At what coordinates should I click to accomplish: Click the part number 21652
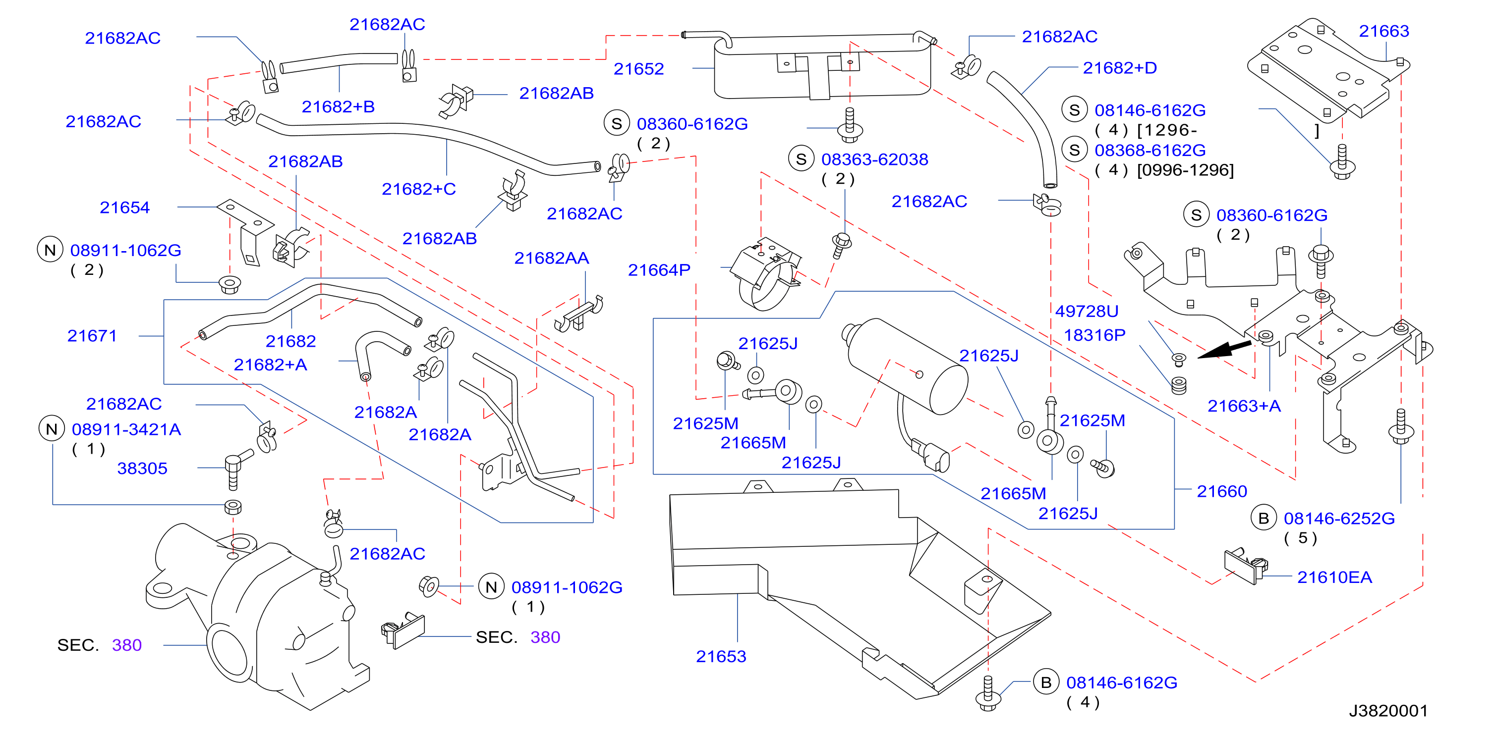[x=638, y=69]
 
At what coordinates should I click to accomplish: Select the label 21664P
[x=659, y=270]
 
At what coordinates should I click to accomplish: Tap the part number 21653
[x=721, y=657]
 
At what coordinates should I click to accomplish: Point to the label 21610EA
[x=1334, y=577]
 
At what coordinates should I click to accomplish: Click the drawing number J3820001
[x=1388, y=711]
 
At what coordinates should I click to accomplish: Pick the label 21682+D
[x=1119, y=68]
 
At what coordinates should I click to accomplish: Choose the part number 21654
[x=125, y=208]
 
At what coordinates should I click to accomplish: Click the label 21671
[x=92, y=336]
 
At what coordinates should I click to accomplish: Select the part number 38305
[x=142, y=469]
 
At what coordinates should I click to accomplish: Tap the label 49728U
[x=1086, y=311]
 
